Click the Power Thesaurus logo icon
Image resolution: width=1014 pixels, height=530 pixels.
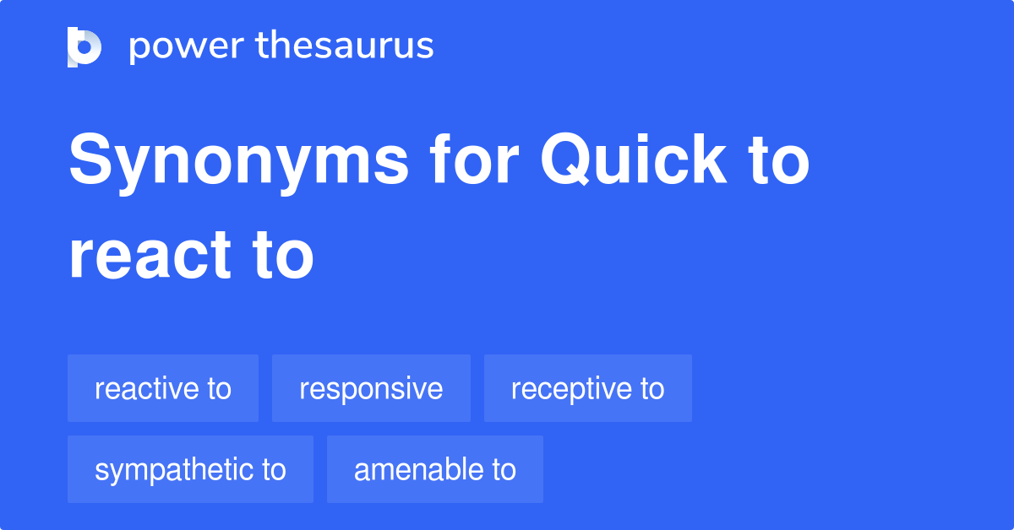pos(84,47)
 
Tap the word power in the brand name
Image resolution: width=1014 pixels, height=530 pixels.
pos(187,47)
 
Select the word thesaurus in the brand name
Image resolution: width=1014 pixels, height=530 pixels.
pos(345,45)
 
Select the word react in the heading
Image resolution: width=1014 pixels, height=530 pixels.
pos(150,256)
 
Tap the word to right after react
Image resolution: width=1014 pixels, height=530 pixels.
pos(283,256)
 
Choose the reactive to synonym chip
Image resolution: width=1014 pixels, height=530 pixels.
pos(163,388)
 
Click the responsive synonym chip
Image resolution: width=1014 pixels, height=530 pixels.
pos(371,388)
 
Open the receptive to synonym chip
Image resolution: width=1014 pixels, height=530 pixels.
pos(588,388)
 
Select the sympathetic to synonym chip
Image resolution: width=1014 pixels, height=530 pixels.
pos(191,469)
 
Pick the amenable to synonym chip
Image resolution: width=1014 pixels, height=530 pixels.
pos(435,469)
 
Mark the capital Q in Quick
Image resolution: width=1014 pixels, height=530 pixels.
pos(566,159)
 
